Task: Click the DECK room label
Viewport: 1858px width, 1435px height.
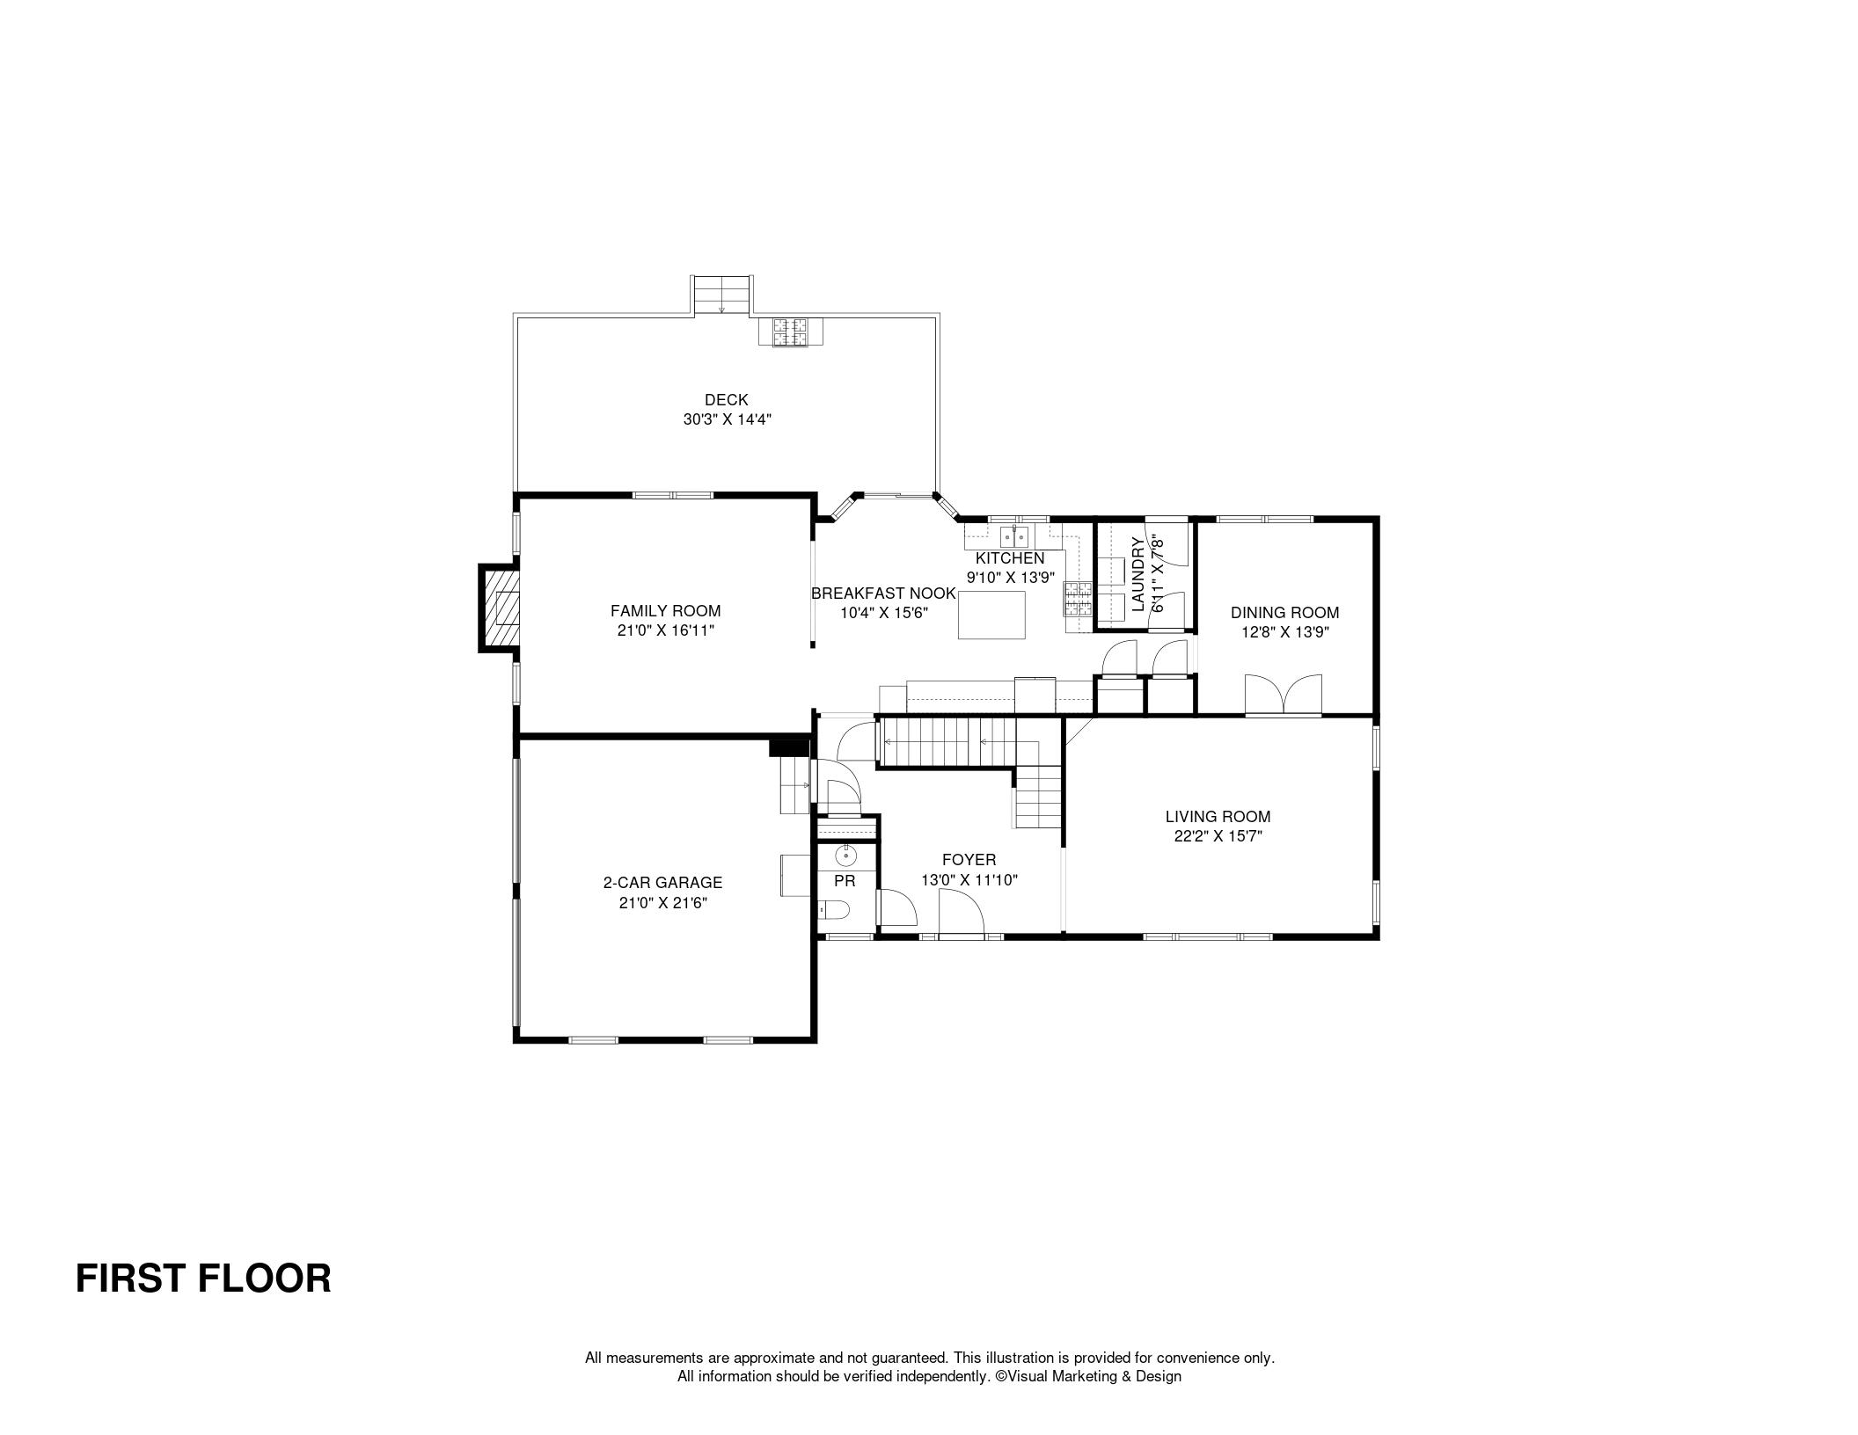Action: click(x=727, y=400)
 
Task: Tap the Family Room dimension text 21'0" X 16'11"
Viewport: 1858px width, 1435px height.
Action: click(x=665, y=630)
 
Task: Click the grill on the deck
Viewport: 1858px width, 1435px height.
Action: click(x=790, y=332)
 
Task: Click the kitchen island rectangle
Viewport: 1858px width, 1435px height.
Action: click(x=991, y=615)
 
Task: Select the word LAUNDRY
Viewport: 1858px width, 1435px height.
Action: click(x=1137, y=574)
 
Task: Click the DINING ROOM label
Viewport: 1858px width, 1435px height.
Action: click(x=1284, y=613)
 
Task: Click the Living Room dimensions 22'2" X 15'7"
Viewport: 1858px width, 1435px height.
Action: click(x=1218, y=837)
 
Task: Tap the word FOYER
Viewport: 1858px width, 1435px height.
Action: click(x=969, y=860)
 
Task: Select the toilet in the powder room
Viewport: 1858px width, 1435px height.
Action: click(x=833, y=910)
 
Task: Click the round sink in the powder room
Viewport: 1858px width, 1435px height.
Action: click(x=845, y=853)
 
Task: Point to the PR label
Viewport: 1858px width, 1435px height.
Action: click(x=845, y=881)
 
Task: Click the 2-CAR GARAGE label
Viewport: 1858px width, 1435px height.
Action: click(x=662, y=883)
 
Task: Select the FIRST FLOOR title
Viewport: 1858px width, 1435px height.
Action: click(x=203, y=1278)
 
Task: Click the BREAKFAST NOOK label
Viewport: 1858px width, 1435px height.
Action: click(x=883, y=594)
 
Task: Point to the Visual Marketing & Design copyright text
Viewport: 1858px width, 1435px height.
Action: click(x=1088, y=1376)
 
